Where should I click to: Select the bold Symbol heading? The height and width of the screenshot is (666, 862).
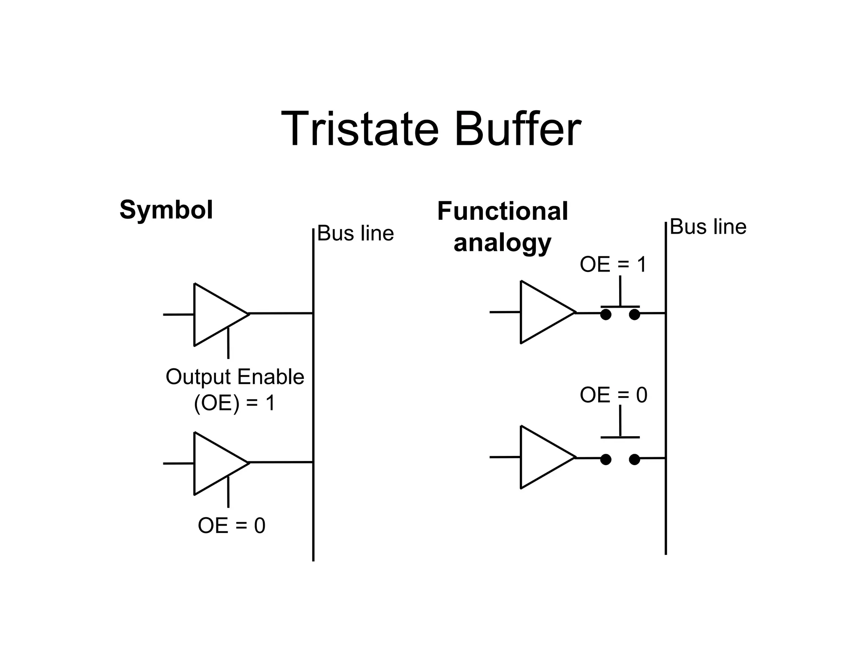coord(166,210)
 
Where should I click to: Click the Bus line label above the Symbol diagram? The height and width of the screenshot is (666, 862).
coord(355,233)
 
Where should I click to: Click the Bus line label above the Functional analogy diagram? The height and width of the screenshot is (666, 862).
coord(708,227)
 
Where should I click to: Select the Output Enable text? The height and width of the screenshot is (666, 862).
coord(234,377)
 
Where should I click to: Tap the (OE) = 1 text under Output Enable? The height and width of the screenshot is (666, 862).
coord(234,403)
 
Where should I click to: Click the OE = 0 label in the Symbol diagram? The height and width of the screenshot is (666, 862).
coord(231,525)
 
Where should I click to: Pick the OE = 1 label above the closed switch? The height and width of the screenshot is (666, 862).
coord(613,264)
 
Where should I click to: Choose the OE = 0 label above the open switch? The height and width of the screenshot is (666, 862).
coord(613,395)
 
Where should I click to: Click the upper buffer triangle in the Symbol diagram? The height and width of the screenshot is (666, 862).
coord(215,314)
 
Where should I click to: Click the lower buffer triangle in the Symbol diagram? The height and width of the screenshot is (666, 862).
coord(215,463)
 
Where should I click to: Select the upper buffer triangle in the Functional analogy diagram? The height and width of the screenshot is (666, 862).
coord(541,312)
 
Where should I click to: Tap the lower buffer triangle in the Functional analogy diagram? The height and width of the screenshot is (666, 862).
coord(541,457)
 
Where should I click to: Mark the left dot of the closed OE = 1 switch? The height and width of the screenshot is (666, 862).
coord(606,314)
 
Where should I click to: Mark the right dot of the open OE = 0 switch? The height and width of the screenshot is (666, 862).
coord(634,459)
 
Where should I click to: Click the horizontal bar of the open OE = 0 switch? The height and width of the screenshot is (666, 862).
coord(620,437)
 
